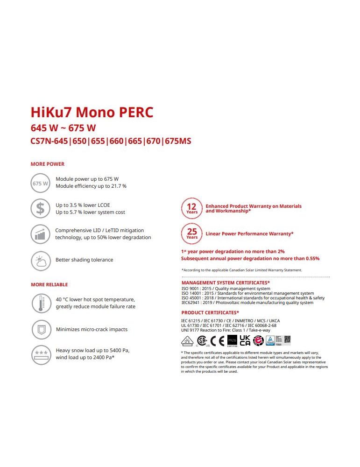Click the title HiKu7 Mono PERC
92,113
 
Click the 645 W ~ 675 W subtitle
63,128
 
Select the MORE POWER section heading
48,164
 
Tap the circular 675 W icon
40,183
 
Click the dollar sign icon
40,209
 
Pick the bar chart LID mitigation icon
40,234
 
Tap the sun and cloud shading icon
40,260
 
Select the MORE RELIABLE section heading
49,284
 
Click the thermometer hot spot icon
40,303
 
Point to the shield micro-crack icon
40,330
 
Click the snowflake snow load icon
41,354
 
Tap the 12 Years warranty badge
192,208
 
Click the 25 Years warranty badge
192,233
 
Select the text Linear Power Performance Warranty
249,233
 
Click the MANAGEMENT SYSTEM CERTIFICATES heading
226,283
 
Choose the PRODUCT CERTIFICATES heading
210,312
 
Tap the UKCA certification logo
245,340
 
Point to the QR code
288,340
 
